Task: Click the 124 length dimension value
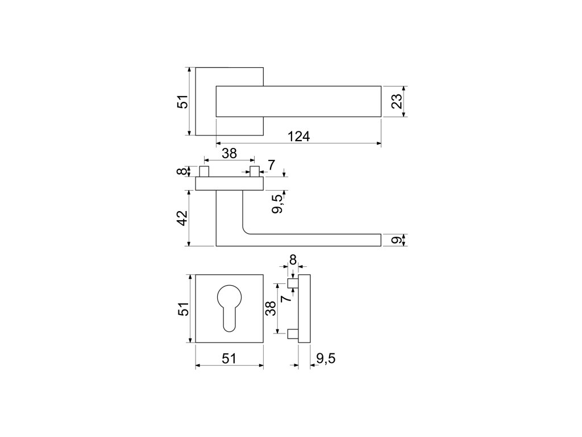tap(298, 137)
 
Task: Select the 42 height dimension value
tap(181, 218)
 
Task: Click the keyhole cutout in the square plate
tap(229, 304)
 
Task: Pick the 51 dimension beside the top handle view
tap(181, 102)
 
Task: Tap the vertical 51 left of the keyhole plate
tap(181, 308)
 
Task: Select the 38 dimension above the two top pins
tap(229, 154)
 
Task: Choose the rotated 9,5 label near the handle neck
tap(277, 203)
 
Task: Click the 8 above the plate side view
tap(293, 259)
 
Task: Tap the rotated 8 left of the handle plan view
tap(181, 171)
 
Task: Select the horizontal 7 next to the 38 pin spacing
tap(271, 165)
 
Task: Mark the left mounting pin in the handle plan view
tap(204, 171)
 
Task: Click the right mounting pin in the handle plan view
tap(254, 171)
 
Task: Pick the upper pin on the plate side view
tap(292, 283)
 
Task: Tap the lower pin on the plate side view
tap(292, 334)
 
